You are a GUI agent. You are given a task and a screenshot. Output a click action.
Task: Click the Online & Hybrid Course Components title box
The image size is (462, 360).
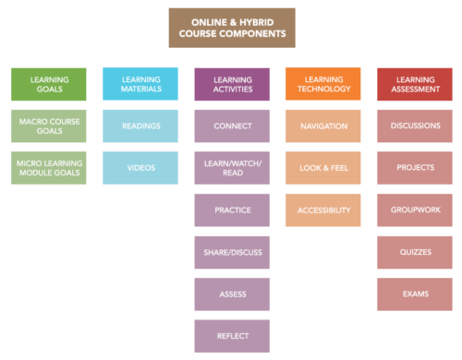[232, 28]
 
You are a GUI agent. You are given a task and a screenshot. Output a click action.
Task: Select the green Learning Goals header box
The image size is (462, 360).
[49, 84]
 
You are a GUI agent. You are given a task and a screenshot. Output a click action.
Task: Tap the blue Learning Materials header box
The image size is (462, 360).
[140, 84]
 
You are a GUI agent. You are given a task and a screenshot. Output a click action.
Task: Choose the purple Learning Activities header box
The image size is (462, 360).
[232, 84]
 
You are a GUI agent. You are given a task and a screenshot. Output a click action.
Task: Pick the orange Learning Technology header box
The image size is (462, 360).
[322, 84]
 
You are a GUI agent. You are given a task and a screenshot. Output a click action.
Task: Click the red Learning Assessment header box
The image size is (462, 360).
[414, 84]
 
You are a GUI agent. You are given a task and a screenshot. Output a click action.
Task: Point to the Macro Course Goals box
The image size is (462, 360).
[49, 126]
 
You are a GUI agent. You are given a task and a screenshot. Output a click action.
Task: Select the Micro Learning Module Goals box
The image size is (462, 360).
[49, 168]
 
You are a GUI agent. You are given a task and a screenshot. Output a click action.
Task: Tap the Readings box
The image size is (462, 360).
[140, 126]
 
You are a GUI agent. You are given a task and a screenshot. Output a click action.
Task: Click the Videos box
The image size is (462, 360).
[140, 168]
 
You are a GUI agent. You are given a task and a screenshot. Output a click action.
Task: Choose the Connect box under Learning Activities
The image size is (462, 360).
[232, 126]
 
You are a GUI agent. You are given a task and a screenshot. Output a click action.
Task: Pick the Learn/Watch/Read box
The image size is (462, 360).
[232, 168]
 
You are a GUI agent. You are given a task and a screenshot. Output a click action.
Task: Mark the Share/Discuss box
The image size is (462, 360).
[232, 252]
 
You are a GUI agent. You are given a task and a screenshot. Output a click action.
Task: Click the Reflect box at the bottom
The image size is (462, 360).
[232, 336]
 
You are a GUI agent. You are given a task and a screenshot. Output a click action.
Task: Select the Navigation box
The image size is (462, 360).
[322, 126]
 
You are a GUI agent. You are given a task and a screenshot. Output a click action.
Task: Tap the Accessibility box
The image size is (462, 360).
[322, 210]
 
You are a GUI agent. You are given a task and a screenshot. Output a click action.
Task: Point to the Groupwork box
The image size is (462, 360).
[414, 210]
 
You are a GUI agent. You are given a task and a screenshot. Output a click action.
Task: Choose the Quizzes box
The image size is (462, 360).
[414, 252]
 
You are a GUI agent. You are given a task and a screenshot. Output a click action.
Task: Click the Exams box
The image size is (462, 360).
[414, 294]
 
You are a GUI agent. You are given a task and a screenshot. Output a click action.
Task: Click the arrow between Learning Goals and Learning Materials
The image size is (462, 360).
[95, 84]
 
